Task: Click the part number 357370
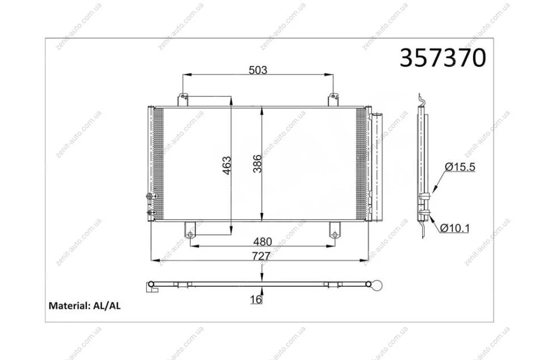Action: (x=443, y=57)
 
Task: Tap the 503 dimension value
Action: (x=258, y=70)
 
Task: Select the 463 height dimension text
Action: (x=227, y=165)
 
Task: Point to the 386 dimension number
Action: (x=257, y=164)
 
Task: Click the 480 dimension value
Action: (x=262, y=241)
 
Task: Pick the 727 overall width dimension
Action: (x=261, y=256)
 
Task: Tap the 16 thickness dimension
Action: (x=256, y=300)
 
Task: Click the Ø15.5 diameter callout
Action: (x=460, y=168)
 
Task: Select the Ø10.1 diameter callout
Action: (x=454, y=228)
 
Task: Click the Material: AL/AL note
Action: (x=85, y=305)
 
